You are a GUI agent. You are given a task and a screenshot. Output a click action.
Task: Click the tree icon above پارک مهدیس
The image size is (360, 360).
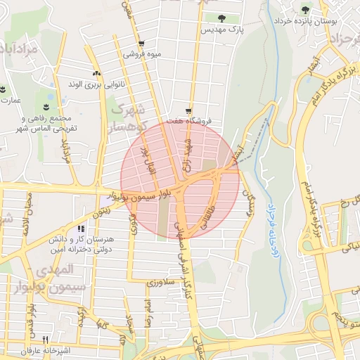(221, 18)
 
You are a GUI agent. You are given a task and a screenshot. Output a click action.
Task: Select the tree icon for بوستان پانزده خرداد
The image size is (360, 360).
(304, 10)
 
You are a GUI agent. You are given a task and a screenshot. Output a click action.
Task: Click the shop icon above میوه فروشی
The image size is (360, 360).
(141, 42)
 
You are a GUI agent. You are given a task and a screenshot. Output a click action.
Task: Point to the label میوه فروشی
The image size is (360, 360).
(142, 54)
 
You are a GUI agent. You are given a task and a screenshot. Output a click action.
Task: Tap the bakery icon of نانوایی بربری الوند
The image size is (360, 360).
(96, 73)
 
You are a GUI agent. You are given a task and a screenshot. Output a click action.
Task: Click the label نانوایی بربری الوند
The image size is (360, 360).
(95, 85)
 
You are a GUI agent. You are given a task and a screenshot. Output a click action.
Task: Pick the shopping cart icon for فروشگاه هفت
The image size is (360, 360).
(188, 110)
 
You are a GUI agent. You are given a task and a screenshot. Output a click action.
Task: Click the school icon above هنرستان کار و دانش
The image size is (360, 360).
(82, 229)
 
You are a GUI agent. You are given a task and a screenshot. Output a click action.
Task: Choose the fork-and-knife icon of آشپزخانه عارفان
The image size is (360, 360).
(46, 337)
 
